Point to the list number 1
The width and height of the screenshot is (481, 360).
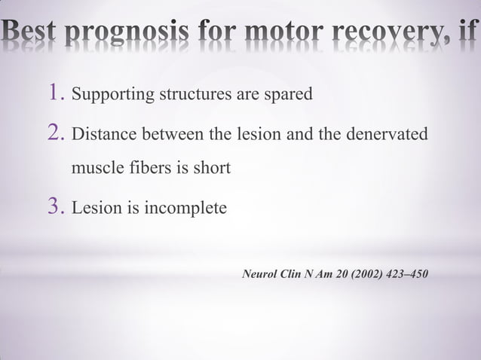click(x=54, y=94)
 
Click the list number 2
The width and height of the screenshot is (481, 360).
click(x=54, y=134)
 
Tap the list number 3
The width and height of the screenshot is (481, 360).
click(x=54, y=206)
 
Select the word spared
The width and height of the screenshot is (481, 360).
click(x=290, y=96)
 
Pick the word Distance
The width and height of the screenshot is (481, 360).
click(x=101, y=135)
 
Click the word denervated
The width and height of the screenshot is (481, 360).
click(x=388, y=135)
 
